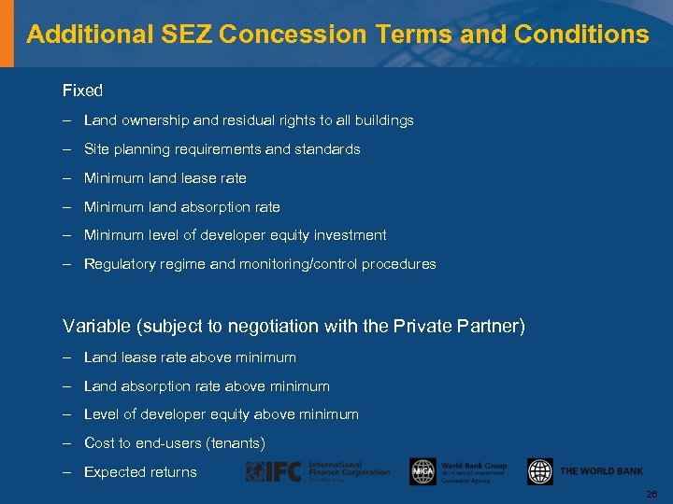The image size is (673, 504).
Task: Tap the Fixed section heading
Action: point(82,91)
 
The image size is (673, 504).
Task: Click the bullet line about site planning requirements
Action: point(222,149)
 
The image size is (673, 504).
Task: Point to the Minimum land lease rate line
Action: point(165,178)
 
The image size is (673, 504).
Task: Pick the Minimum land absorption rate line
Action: point(181,207)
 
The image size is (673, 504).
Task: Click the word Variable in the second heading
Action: point(94,327)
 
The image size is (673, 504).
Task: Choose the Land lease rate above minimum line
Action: point(190,357)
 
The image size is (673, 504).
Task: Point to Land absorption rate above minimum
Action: point(207,386)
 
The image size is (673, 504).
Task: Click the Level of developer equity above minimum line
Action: point(221,414)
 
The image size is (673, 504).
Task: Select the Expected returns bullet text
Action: point(140,472)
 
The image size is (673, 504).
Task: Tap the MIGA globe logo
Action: point(422,471)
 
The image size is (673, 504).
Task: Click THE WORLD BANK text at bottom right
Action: point(601,471)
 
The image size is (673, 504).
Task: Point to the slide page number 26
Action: point(652,493)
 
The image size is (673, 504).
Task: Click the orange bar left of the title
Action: point(7,34)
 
